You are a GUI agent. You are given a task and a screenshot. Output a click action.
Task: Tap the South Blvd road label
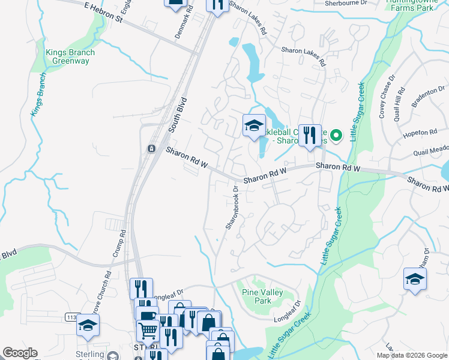178,115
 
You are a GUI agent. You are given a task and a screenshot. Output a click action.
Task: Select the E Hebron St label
103,12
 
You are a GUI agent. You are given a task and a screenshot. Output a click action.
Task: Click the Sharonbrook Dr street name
232,207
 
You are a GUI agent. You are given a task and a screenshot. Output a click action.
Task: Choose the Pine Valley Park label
262,296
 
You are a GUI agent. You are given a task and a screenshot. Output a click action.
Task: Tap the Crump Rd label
118,244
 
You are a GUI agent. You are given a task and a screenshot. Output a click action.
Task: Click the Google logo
20,353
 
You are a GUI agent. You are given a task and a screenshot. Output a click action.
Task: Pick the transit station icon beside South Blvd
151,148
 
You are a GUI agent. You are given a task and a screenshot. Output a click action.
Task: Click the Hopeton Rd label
420,133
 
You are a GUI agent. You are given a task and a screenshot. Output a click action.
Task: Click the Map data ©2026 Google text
411,355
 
